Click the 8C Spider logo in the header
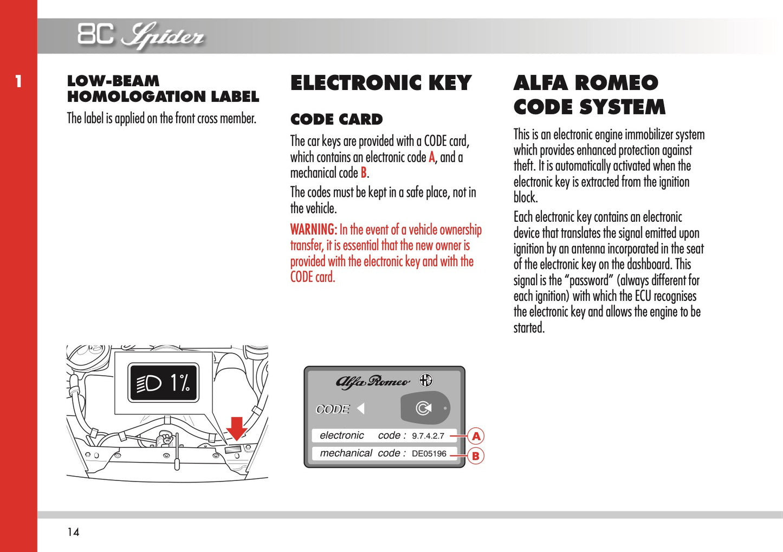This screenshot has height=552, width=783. pos(140,35)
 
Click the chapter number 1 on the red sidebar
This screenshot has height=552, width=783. pos(18,82)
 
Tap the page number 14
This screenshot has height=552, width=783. pos(73,532)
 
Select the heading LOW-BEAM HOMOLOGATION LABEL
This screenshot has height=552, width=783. pos(163,89)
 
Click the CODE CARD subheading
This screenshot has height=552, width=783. pos(337,119)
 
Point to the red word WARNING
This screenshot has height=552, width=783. pos(313,229)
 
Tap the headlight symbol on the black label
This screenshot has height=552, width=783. pos(148,383)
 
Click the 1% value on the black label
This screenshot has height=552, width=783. pos(180,383)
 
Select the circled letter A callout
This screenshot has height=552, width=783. pos(476,436)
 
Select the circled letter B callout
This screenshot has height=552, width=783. pos(475,455)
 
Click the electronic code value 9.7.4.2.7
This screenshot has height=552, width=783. pos(428,436)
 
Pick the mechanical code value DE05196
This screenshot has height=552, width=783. pos(429,454)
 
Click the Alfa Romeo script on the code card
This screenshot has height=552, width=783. pos(373,382)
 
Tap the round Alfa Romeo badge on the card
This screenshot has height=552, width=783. pos(426,380)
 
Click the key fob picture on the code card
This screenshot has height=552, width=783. pos(424,408)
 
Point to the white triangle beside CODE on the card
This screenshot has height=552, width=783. pos(360,408)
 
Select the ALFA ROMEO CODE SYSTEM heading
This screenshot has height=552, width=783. pos(589,95)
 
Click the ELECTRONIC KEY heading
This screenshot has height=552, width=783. pos(381,83)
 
